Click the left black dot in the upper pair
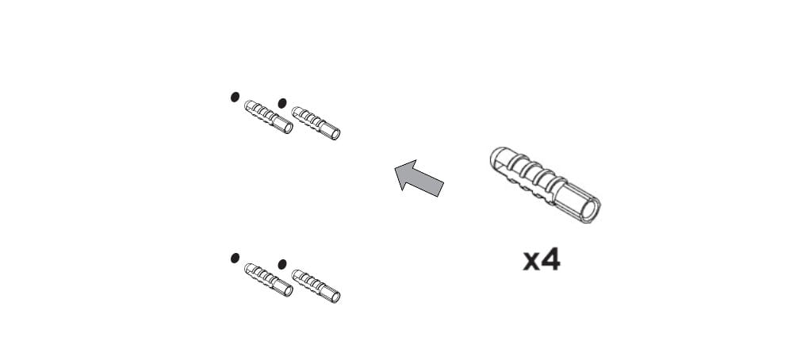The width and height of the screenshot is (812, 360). tap(235, 97)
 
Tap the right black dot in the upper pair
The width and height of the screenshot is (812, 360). tap(282, 103)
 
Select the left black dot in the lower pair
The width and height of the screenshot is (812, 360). tap(235, 258)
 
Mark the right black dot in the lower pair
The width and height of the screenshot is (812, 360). tap(282, 264)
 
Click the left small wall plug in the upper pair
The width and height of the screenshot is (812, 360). tap(268, 117)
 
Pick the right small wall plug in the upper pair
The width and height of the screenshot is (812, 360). tap(316, 123)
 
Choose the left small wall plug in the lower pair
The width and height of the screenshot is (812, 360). tap(268, 280)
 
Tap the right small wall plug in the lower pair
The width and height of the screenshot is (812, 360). tap(316, 286)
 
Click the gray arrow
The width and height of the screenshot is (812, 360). tap(419, 178)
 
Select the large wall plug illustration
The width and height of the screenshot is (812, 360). tap(545, 185)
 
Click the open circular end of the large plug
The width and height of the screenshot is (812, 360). tap(589, 210)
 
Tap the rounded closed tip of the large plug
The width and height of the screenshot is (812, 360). tap(496, 157)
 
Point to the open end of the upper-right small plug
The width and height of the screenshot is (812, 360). tap(335, 134)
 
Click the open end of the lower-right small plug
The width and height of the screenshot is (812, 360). tap(335, 297)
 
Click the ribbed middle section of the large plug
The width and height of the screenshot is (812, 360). tap(534, 177)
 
